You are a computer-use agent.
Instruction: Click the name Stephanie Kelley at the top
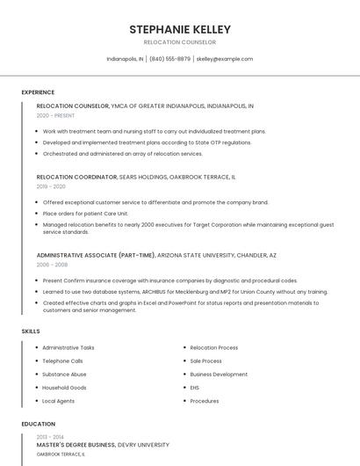(x=179, y=29)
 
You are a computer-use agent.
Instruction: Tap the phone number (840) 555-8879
(x=169, y=59)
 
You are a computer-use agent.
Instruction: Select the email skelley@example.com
(x=225, y=59)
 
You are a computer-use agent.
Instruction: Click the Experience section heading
(x=38, y=92)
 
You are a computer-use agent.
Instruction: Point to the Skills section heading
(x=31, y=331)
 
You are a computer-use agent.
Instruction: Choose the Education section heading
(x=39, y=424)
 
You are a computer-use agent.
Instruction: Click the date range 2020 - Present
(x=55, y=115)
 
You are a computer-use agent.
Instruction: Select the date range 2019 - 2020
(x=51, y=186)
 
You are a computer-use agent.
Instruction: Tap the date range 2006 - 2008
(x=52, y=264)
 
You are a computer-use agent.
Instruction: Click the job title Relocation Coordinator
(x=76, y=177)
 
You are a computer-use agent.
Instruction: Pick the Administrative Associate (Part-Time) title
(x=96, y=255)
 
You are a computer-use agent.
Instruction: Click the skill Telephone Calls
(x=62, y=360)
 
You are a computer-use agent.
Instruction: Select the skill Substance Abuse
(x=63, y=374)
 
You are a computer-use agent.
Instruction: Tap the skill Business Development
(x=219, y=374)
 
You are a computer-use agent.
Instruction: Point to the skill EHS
(x=195, y=387)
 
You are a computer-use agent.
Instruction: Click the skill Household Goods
(x=64, y=387)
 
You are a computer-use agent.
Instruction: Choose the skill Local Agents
(x=59, y=401)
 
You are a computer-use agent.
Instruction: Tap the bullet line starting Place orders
(x=85, y=213)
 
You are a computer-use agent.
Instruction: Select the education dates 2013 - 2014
(x=50, y=437)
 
